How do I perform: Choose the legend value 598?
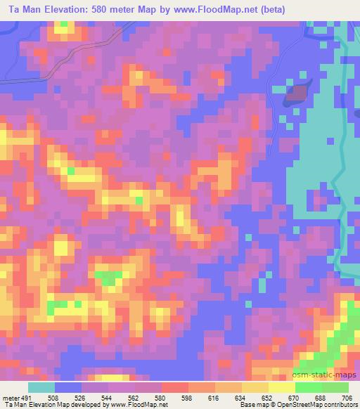coord(188,397)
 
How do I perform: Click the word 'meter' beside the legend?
coord(11,397)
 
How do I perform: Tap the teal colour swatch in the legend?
coord(41,387)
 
